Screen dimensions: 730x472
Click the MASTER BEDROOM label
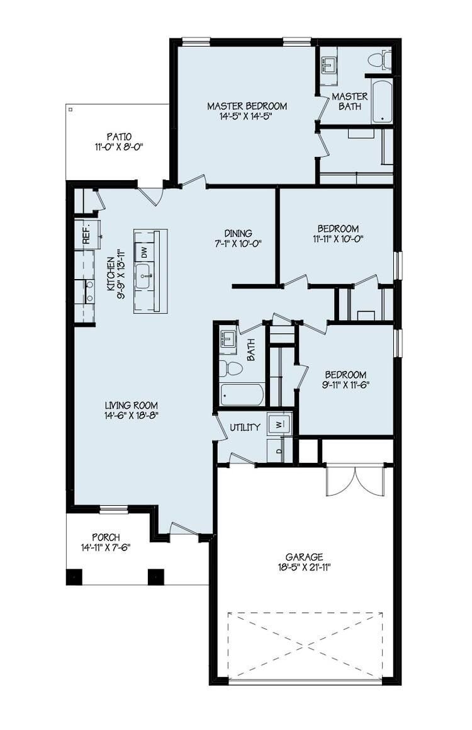point(247,106)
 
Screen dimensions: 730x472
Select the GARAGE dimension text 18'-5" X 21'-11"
point(304,567)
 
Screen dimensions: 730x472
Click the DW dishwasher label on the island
point(143,253)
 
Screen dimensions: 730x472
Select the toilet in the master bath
point(378,60)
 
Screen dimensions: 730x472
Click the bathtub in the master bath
point(381,101)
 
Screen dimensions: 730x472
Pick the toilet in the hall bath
point(233,368)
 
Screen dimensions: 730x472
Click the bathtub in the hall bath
point(242,395)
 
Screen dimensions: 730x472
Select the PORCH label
point(106,537)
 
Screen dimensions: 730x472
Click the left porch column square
point(74,577)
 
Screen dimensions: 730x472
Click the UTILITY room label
point(245,428)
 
